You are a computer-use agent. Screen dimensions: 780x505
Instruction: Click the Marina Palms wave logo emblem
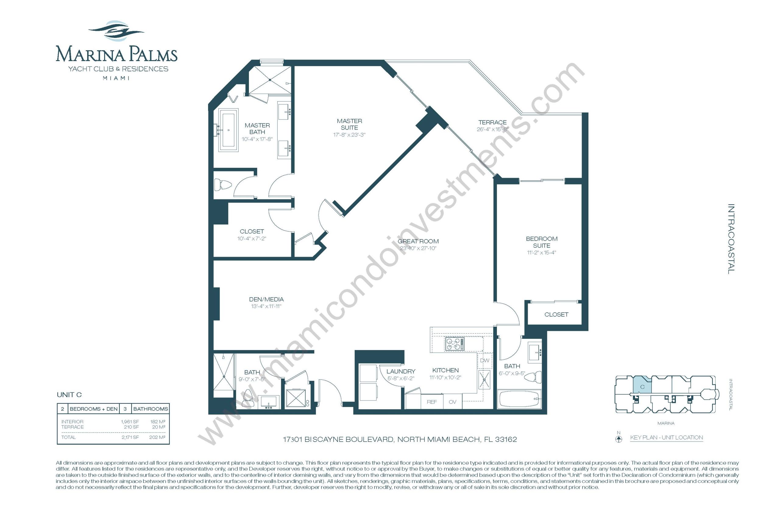pos(116,31)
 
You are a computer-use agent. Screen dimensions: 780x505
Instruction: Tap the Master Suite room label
pos(349,124)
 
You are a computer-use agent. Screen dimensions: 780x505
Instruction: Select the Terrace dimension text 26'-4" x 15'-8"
pos(492,129)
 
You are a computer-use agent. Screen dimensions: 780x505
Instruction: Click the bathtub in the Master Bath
pos(229,130)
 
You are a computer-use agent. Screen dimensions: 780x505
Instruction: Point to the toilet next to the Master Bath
pos(222,184)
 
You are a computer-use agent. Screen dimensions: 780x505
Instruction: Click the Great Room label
pos(418,241)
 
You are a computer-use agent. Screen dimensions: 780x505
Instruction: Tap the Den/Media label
pos(266,299)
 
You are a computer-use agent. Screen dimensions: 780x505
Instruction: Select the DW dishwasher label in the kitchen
pos(484,360)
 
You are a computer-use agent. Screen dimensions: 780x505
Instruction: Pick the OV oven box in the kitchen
pos(453,402)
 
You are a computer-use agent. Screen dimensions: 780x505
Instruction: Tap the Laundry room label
pos(401,371)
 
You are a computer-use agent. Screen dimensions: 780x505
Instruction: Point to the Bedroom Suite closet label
pos(556,314)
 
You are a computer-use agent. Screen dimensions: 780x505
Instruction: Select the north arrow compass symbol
pos(619,439)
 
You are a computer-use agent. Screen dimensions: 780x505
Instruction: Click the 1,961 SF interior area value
pos(130,422)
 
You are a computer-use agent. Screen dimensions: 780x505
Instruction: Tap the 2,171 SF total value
pos(130,437)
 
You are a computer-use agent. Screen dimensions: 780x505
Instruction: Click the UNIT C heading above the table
pos(69,395)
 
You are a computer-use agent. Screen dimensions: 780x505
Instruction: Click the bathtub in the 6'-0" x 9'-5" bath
pos(519,399)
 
